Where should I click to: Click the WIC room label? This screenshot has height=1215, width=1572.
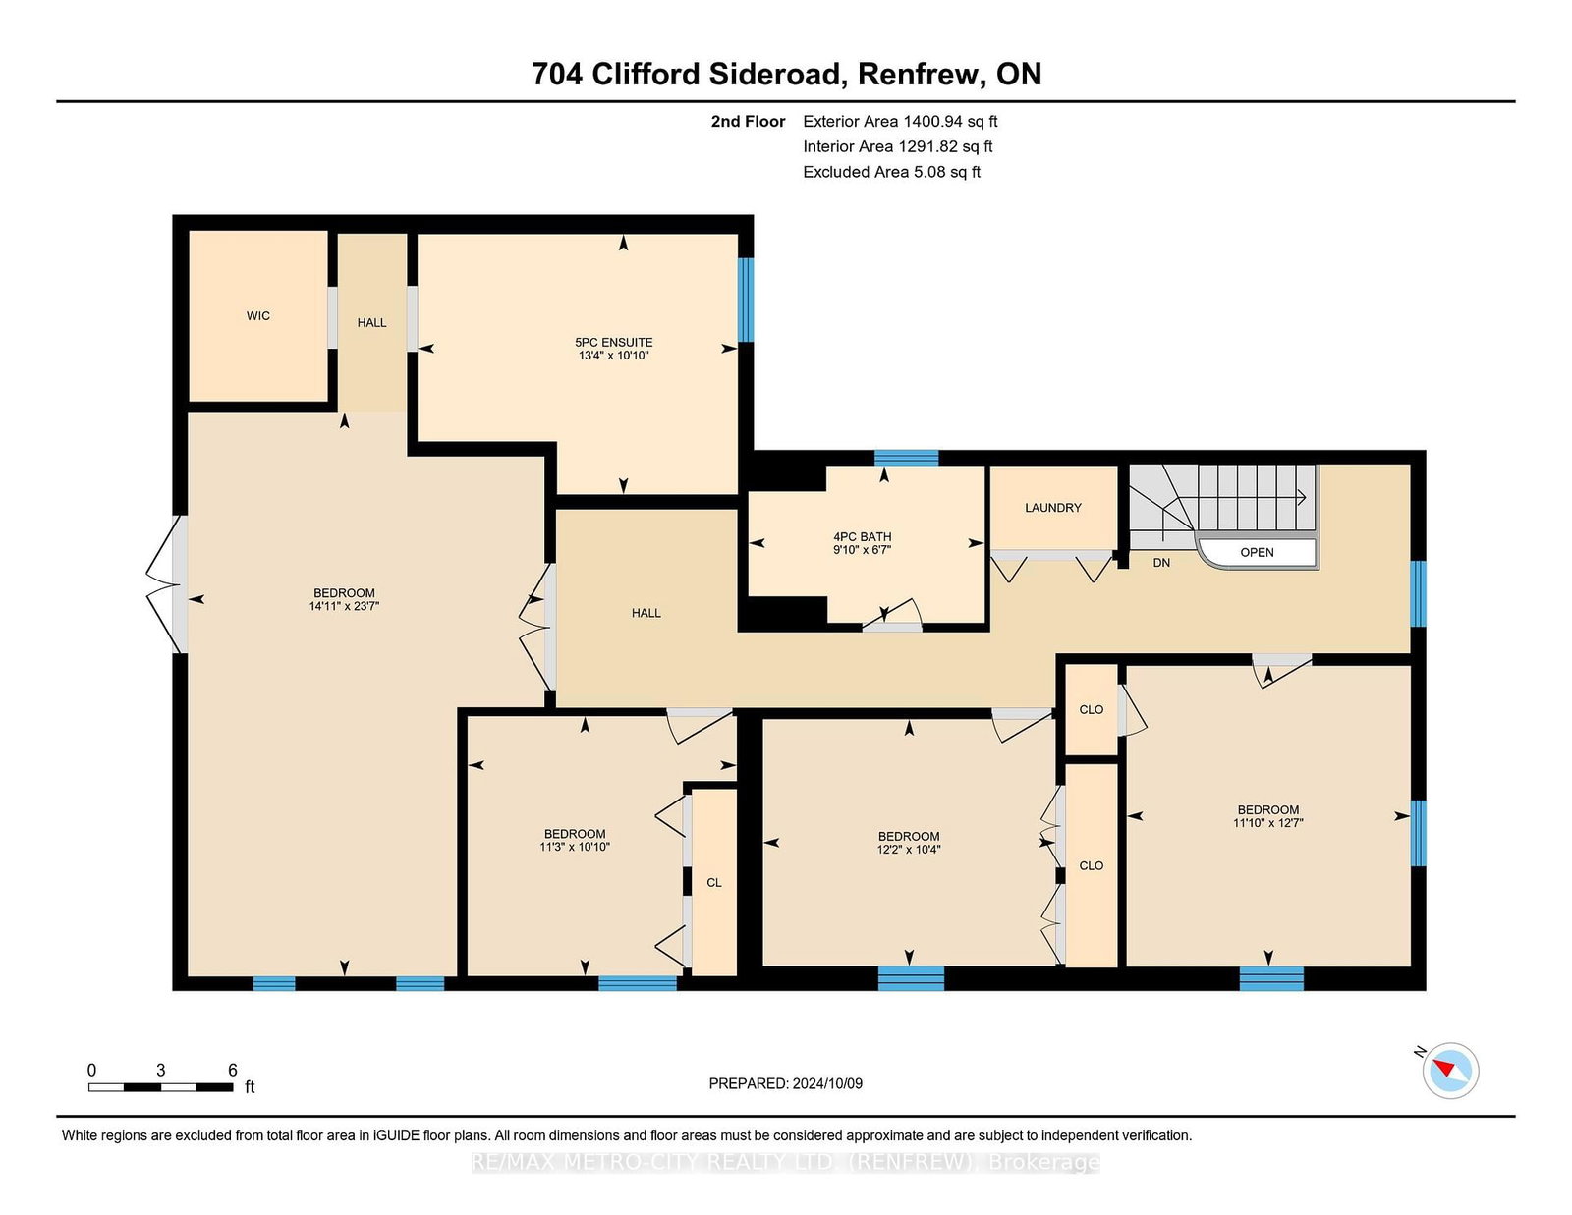(x=257, y=316)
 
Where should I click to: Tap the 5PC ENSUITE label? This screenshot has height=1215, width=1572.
(x=613, y=342)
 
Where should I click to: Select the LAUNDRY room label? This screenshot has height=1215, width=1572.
(x=1052, y=508)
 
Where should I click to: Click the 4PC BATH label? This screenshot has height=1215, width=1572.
(x=863, y=536)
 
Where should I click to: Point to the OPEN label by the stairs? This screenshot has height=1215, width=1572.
(x=1257, y=553)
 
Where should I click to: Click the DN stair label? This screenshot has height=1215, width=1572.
(x=1161, y=563)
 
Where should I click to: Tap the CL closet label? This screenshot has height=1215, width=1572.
(x=714, y=882)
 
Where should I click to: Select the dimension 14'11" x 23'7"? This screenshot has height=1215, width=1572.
(x=344, y=606)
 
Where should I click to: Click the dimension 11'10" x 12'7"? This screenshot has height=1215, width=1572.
(x=1268, y=822)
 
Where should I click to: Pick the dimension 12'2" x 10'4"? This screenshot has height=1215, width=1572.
(x=909, y=849)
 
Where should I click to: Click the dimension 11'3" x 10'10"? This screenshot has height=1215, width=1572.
(x=575, y=846)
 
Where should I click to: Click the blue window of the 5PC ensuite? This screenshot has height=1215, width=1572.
(x=745, y=300)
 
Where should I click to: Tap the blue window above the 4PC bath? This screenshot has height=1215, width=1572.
(x=906, y=458)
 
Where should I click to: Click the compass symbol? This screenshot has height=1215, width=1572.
(x=1450, y=1071)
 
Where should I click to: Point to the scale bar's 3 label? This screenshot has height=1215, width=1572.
(x=160, y=1071)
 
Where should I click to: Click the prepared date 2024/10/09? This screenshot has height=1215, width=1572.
(x=827, y=1083)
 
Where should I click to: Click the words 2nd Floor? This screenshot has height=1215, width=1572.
(x=748, y=122)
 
